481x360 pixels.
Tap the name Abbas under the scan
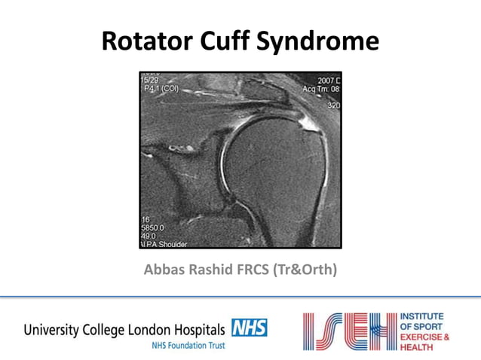(x=164, y=270)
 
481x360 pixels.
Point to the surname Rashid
(x=213, y=270)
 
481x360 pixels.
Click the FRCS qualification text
(x=261, y=270)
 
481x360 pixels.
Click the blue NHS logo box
(x=249, y=328)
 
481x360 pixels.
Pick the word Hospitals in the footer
(x=197, y=330)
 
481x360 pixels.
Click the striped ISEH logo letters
(x=348, y=332)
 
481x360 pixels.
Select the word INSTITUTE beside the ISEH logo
(x=423, y=316)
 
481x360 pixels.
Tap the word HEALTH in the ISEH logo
(x=418, y=347)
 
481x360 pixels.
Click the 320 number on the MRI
(x=333, y=105)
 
